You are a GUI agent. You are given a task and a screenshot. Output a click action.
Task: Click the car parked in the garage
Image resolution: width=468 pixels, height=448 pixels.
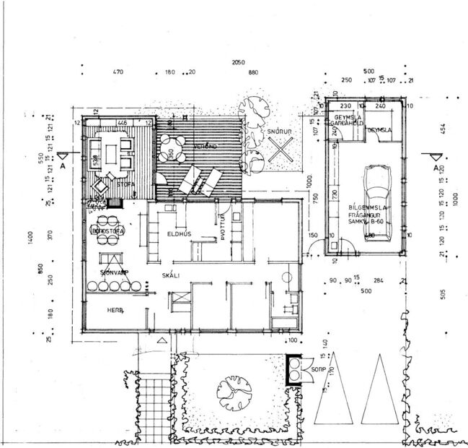click(376, 202)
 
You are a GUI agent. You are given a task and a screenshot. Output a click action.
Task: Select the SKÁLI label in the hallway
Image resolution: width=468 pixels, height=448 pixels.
click(171, 275)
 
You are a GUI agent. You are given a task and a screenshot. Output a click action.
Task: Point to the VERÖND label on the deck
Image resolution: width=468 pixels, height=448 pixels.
click(205, 147)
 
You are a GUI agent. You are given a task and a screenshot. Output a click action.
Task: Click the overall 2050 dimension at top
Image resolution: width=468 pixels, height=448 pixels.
click(239, 64)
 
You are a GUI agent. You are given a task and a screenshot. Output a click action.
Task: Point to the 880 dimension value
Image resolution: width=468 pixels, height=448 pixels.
click(252, 73)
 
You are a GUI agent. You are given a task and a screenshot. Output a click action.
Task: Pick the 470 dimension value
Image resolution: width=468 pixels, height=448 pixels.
click(120, 73)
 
